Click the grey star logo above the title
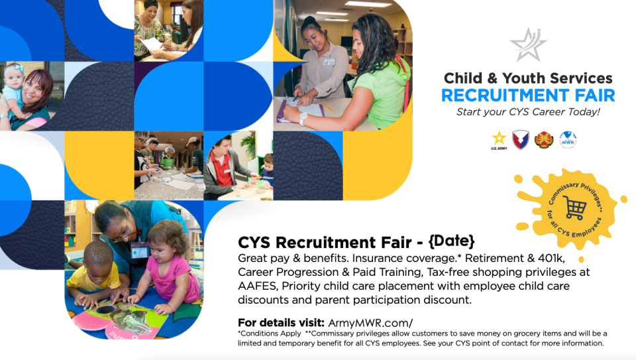pyautogui.click(x=528, y=44)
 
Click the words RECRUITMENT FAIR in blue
pyautogui.click(x=528, y=95)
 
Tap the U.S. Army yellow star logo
pyautogui.click(x=499, y=140)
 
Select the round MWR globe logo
pyautogui.click(x=568, y=140)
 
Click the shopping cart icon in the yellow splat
pyautogui.click(x=574, y=208)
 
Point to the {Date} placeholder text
pyautogui.click(x=451, y=241)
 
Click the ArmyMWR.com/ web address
pyautogui.click(x=370, y=323)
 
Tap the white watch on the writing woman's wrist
pyautogui.click(x=303, y=119)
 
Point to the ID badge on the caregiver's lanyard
pyautogui.click(x=138, y=251)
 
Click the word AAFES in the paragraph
pyautogui.click(x=257, y=286)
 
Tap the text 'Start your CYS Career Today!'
pyautogui.click(x=528, y=112)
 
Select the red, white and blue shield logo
pyautogui.click(x=521, y=140)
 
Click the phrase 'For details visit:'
pyautogui.click(x=281, y=323)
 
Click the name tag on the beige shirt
pyautogui.click(x=329, y=62)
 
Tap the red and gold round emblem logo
pyautogui.click(x=544, y=140)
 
